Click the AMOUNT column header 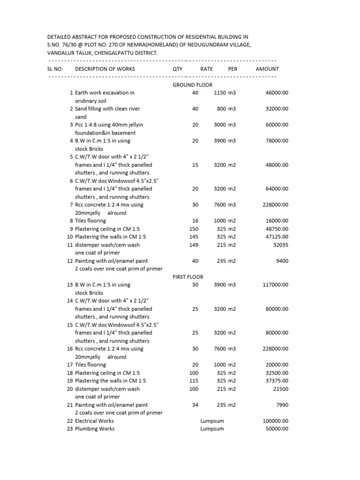click(x=267, y=69)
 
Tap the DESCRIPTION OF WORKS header click(x=105, y=69)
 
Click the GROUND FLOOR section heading click(x=192, y=85)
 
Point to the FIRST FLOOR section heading click(x=187, y=277)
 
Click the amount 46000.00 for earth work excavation click(x=277, y=93)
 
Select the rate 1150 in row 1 click(x=220, y=93)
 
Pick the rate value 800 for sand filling click(x=221, y=109)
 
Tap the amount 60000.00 click(x=277, y=125)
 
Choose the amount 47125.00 click(x=277, y=237)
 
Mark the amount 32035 click(x=280, y=245)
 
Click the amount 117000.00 click(x=275, y=285)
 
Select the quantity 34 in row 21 click(x=195, y=405)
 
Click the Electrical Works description click(x=94, y=421)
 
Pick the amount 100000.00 click(x=275, y=421)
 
